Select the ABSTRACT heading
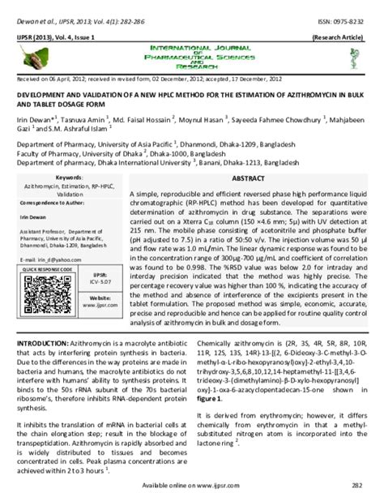point(248,177)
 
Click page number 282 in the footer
point(357,485)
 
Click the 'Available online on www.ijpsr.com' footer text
point(192,485)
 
